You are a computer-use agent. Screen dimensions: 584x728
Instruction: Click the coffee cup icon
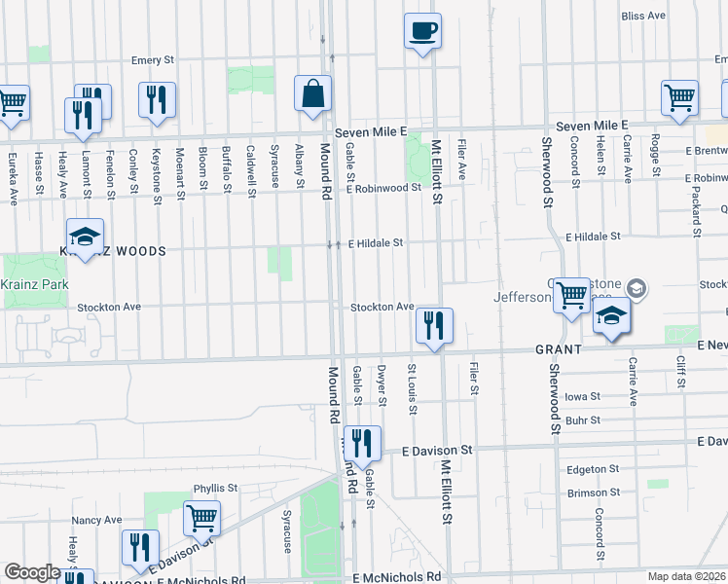(422, 30)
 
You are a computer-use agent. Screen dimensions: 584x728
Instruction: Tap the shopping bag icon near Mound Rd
(313, 94)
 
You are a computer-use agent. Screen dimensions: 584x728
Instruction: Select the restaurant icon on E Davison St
(362, 444)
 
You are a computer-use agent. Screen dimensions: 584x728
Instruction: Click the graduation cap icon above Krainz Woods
(86, 237)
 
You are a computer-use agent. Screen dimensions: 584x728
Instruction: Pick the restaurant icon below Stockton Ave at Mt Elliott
(434, 325)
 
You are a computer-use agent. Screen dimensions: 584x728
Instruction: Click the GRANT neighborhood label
(557, 348)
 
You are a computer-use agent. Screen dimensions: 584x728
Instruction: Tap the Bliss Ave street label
(643, 16)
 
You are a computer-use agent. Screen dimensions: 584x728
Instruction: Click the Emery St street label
(153, 60)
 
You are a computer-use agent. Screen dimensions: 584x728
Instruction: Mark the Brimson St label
(588, 493)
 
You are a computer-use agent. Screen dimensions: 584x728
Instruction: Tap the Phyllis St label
(215, 488)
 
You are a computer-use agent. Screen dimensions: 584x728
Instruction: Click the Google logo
(32, 572)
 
